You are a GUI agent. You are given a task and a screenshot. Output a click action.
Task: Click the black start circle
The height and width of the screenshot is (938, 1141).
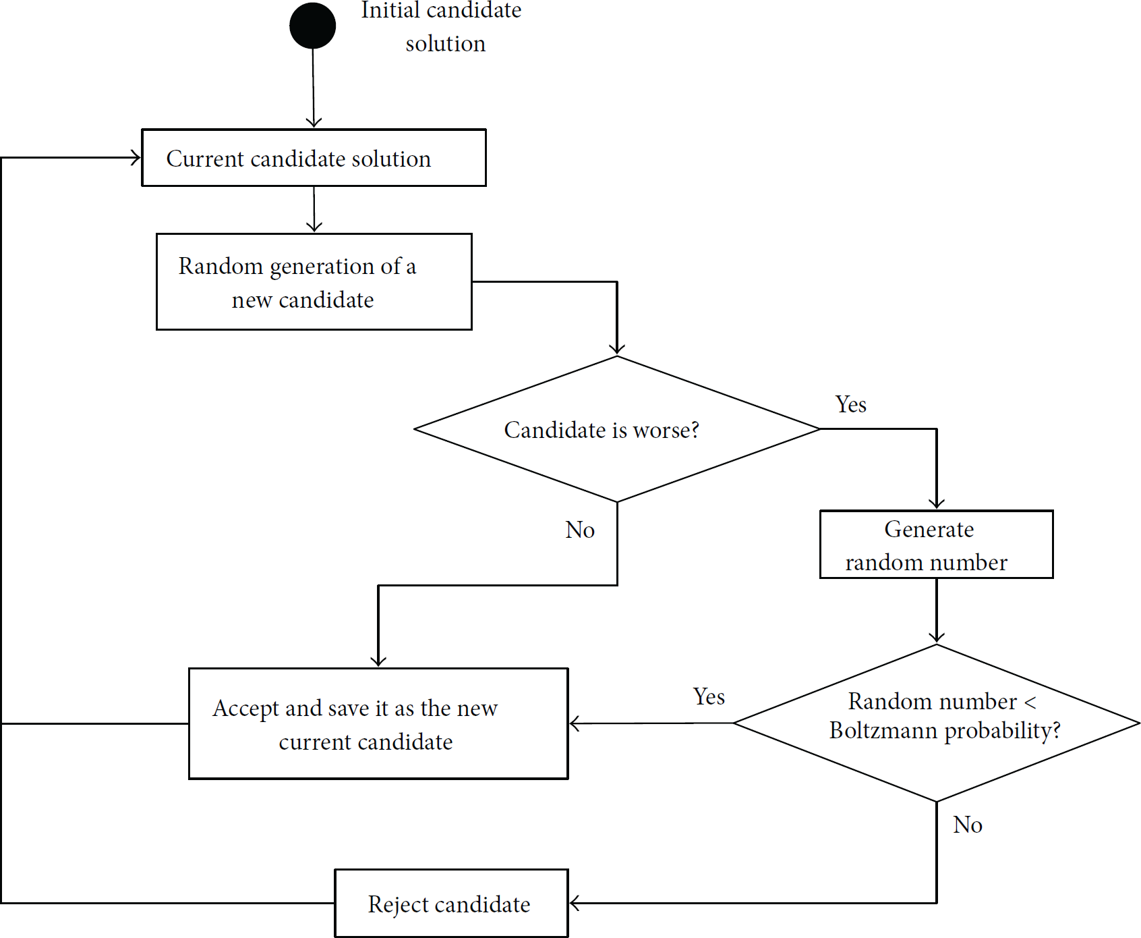[313, 26]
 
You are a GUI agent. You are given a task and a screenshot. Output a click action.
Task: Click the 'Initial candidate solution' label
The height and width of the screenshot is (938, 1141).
[442, 27]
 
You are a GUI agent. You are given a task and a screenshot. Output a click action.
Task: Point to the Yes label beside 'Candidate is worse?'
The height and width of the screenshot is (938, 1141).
[851, 404]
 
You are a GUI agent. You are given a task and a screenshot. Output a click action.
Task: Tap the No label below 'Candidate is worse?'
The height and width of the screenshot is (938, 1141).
[580, 530]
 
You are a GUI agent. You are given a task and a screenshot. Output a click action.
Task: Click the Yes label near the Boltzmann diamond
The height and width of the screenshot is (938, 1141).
[709, 696]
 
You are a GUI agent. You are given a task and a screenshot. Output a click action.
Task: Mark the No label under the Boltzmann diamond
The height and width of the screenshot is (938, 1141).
[968, 825]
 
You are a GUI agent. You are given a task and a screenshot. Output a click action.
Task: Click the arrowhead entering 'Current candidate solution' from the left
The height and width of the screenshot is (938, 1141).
[135, 158]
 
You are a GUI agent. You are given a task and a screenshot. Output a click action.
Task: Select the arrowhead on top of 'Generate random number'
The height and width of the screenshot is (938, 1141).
[937, 503]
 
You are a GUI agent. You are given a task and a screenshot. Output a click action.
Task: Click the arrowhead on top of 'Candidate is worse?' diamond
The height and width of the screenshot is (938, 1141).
[617, 350]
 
